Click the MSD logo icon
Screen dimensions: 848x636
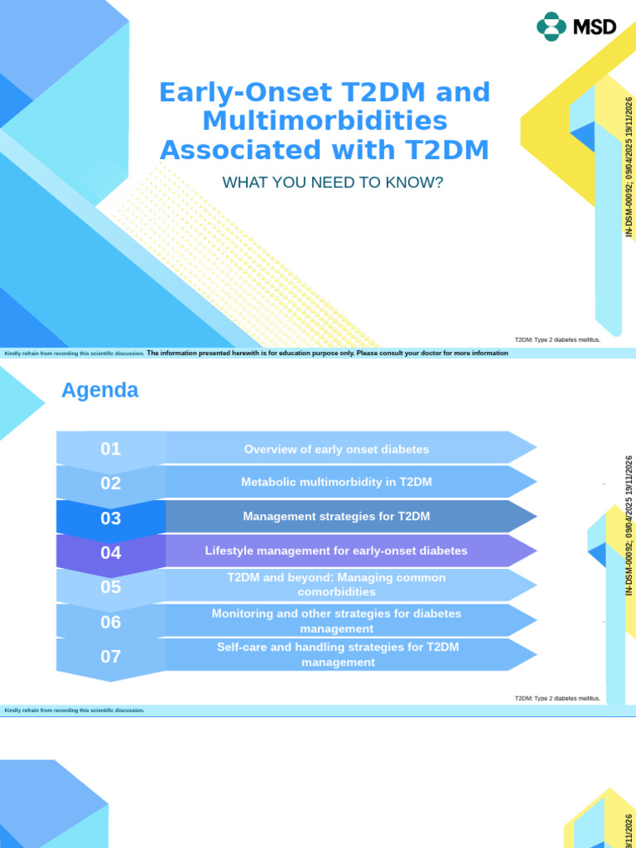[551, 26]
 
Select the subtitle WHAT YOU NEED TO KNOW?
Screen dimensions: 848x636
[333, 182]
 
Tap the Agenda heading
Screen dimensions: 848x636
[100, 390]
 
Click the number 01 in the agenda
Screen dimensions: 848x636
[111, 449]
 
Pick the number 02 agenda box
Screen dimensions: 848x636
[111, 484]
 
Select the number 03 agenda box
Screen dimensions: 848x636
[111, 518]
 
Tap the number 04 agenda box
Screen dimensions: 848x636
[111, 552]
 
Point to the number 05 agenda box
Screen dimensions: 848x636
[111, 587]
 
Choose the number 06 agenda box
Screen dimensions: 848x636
[111, 622]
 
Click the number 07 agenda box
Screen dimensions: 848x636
[111, 657]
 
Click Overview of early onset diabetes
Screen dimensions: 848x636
[336, 449]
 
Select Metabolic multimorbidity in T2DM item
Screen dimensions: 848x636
[336, 482]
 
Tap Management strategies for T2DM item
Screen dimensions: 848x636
[336, 517]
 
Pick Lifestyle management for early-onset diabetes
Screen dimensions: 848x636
[336, 551]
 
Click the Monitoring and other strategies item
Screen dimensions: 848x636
[336, 620]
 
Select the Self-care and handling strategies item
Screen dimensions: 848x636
[336, 654]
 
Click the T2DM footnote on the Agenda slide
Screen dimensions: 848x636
[557, 699]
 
